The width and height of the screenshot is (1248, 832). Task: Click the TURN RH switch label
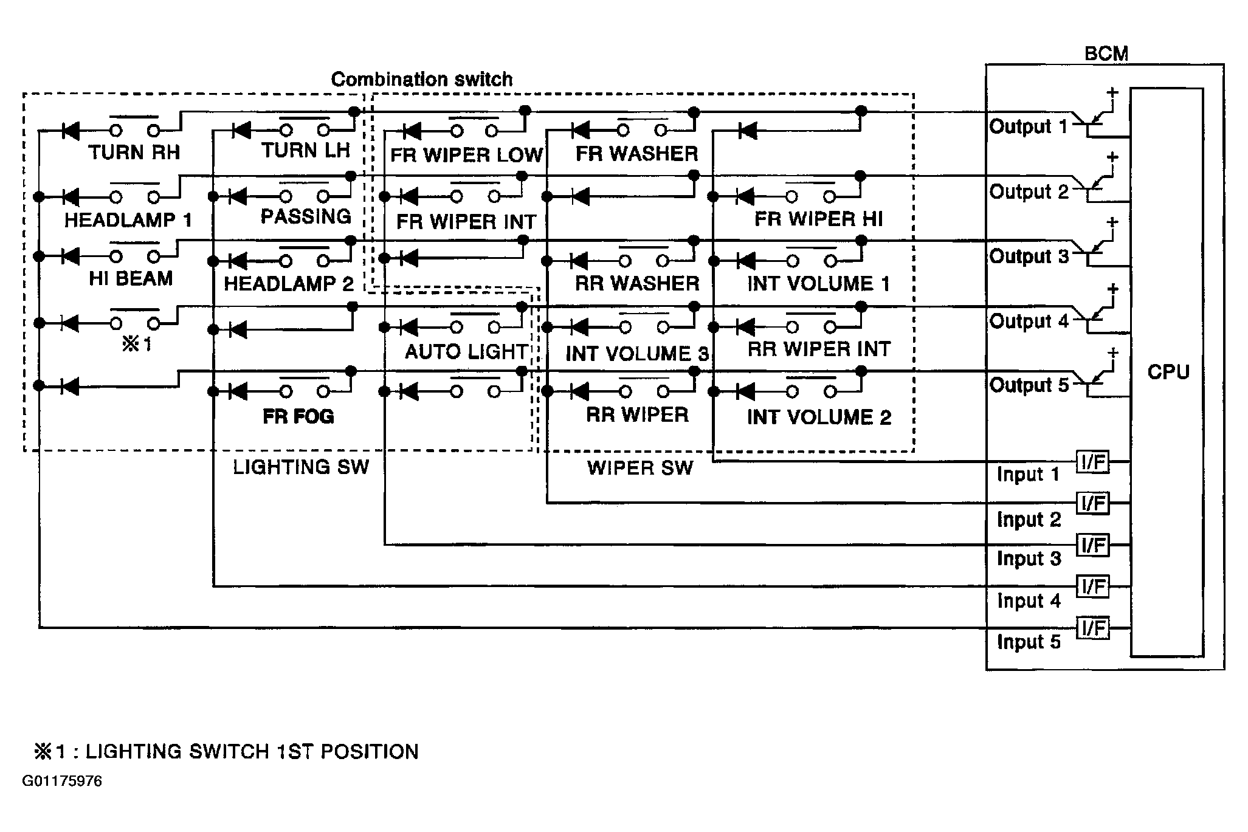coord(134,152)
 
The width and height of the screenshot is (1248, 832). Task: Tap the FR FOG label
coord(298,416)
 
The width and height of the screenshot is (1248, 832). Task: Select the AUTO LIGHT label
coord(466,351)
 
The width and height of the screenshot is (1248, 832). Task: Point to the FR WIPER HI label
coord(818,219)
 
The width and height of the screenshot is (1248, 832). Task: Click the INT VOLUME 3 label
coord(636,354)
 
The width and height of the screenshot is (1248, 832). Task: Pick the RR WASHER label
coord(636,283)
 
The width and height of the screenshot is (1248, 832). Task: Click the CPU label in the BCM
coord(1168,371)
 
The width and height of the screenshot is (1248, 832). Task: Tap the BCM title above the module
coord(1106,53)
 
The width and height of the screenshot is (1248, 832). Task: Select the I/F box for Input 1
coord(1093,462)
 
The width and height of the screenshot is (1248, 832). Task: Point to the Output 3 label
coord(1029,256)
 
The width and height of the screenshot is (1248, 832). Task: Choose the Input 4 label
coord(1029,600)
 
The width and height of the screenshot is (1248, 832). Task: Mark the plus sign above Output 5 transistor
coord(1112,352)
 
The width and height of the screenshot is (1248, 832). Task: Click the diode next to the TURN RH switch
coord(71,131)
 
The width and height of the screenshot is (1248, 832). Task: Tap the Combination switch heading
coord(421,80)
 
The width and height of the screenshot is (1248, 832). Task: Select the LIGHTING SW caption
coord(301,467)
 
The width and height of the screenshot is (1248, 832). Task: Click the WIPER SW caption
coord(640,467)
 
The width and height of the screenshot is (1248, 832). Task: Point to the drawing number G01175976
coord(62,781)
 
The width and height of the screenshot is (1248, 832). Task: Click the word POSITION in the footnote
coord(370,752)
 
